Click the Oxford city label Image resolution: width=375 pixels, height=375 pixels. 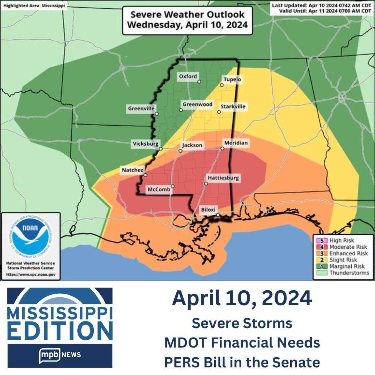[188, 77]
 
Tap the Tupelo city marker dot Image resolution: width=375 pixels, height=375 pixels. [222, 85]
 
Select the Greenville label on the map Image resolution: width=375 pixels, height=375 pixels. [141, 108]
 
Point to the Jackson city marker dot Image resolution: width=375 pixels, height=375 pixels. [181, 151]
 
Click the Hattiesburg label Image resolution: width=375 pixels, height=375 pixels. [223, 178]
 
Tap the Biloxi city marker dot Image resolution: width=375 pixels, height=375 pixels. [218, 215]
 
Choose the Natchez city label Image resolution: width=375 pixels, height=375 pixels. [132, 170]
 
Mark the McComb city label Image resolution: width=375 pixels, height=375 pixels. [159, 189]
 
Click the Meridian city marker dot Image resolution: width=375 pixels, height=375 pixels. [222, 148]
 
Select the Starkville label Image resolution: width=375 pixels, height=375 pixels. [233, 106]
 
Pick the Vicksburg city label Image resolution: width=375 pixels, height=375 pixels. [145, 144]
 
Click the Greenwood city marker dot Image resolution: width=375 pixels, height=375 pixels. [181, 110]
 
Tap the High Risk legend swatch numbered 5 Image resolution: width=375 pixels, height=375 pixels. [322, 241]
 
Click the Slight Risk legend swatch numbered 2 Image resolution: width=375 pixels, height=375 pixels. [322, 260]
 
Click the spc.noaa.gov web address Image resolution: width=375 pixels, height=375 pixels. [31, 275]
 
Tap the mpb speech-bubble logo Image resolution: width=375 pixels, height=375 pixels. [50, 355]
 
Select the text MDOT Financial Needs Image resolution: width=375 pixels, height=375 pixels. [242, 343]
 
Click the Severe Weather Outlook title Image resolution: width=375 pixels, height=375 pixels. [187, 20]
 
